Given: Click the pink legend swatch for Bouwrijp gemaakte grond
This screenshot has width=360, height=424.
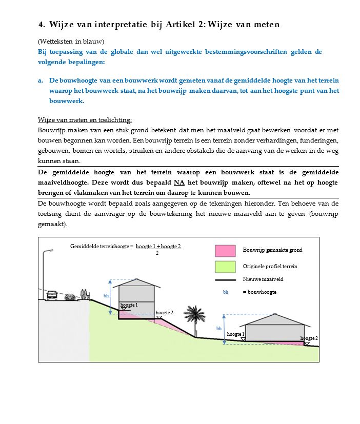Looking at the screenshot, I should click(225, 250).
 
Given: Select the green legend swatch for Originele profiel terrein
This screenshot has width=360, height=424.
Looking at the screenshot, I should click(225, 267).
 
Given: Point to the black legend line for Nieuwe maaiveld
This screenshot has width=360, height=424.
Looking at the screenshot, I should click(225, 280).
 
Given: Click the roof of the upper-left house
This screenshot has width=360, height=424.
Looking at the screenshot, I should click(137, 282).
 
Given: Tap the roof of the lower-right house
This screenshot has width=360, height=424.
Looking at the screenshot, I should click(275, 318).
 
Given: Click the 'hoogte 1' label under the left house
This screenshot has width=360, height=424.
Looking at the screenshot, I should click(129, 305).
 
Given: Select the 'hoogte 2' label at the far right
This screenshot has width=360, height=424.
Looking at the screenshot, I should click(309, 338).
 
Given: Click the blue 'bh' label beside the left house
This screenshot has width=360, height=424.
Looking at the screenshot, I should click(106, 296).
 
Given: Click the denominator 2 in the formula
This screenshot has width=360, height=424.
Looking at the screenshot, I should click(157, 253).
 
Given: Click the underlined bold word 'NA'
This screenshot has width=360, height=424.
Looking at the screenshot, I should click(179, 183).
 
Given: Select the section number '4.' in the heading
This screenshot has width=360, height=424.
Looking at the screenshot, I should click(42, 25).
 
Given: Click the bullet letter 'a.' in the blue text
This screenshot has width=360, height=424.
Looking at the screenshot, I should click(41, 81).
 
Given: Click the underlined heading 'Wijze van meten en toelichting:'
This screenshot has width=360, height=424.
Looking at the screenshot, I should click(85, 120).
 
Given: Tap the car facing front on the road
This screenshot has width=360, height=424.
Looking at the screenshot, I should click(52, 296).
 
